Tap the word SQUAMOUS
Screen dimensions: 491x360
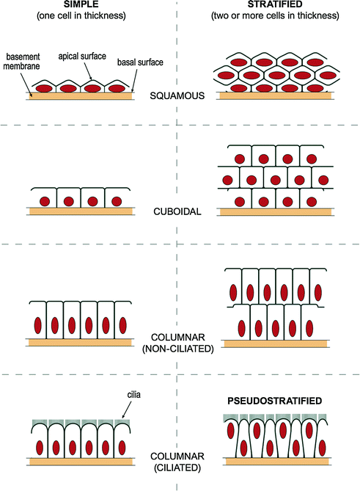pos(180,95)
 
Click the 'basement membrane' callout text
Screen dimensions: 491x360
pos(23,61)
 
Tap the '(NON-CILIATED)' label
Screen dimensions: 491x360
pos(180,348)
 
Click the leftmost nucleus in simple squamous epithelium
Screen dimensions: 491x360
pos(43,88)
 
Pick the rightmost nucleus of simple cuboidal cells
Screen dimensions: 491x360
pos(114,201)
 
